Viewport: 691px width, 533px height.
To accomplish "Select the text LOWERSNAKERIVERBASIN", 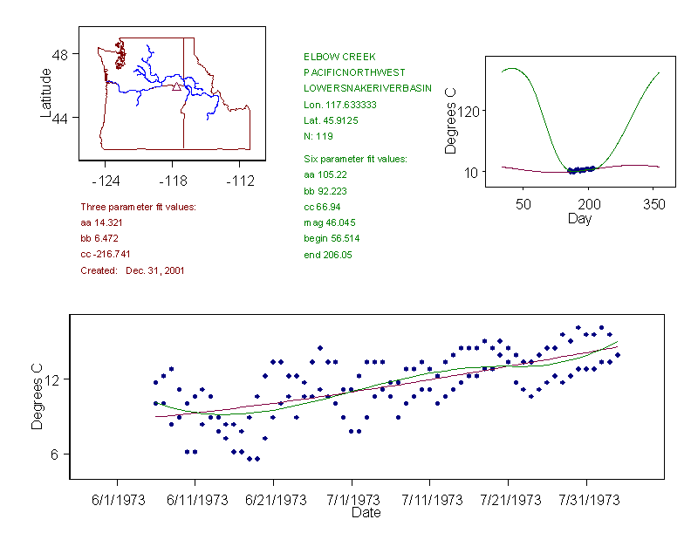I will [x=367, y=89].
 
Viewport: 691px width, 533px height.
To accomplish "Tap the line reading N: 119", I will [x=318, y=137].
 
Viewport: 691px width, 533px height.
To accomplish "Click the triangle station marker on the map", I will [x=176, y=86].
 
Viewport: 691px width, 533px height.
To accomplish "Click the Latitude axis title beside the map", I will [x=46, y=93].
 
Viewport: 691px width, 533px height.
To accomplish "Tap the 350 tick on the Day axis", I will [x=653, y=204].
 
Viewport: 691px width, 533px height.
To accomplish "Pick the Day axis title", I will [x=579, y=218].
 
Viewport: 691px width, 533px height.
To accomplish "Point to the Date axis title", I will [x=366, y=513].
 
